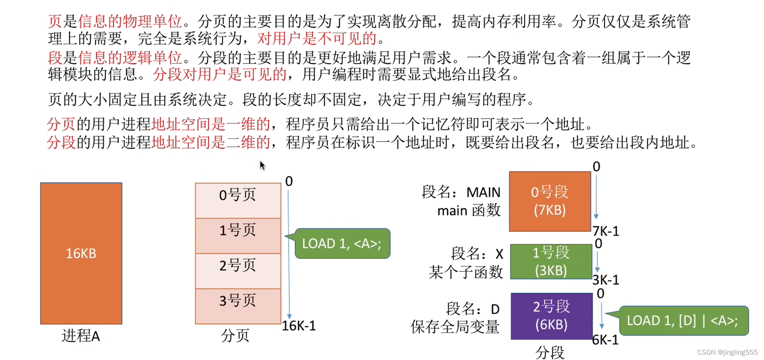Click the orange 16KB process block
pos(81,253)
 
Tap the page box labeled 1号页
pos(238,235)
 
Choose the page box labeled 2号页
pos(238,270)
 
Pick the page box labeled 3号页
pos(238,305)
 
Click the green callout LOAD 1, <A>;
pos(342,243)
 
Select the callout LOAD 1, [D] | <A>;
pos(683,320)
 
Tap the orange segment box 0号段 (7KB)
pos(550,201)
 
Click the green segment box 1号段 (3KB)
pos(551,261)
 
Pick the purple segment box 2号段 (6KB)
pos(551,316)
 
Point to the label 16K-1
pos(299,326)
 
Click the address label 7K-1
pos(606,231)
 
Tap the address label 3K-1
pos(606,279)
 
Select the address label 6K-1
pos(605,340)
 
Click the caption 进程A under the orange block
pos(81,336)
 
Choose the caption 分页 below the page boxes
pos(235,335)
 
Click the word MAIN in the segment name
pos(483,192)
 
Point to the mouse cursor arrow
pos(262,165)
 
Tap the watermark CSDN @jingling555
pos(727,352)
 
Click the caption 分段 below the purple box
pos(550,352)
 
